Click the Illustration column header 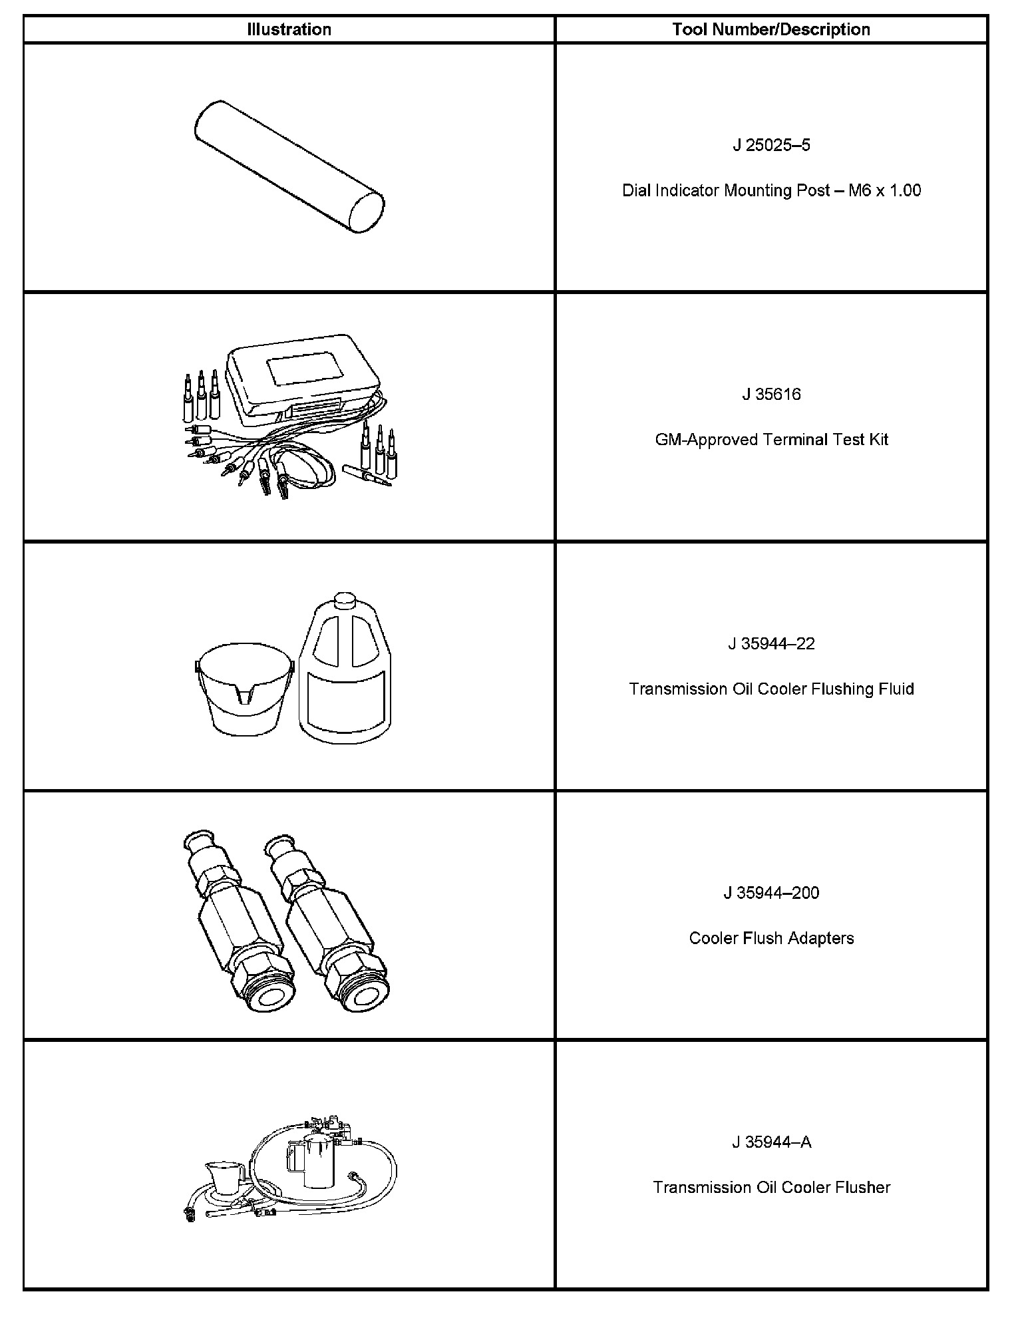pos(289,30)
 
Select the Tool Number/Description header pos(771,30)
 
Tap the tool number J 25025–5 pos(771,145)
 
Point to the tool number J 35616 pos(771,395)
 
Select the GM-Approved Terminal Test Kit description pos(771,440)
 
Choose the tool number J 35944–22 pos(771,643)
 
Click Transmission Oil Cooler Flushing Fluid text pos(771,689)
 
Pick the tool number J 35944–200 pos(771,893)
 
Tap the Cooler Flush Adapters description pos(771,938)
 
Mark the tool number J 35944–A pos(771,1142)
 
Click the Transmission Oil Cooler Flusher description pos(771,1188)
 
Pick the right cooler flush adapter pos(329,928)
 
